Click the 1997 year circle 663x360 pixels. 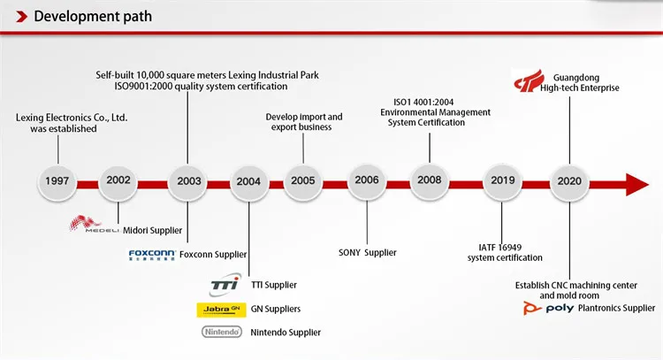pos(57,180)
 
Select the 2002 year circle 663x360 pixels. pos(118,180)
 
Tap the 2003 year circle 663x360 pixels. pos(188,180)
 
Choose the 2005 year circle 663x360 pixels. pos(302,180)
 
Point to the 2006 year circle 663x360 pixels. pos(366,180)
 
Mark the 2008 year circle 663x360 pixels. pos(431,180)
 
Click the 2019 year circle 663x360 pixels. pos(502,180)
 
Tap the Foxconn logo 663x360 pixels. pos(151,255)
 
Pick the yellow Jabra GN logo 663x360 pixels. pos(220,309)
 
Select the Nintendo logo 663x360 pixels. pos(220,332)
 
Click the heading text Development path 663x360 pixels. pos(93,16)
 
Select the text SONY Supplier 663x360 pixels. pos(368,252)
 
